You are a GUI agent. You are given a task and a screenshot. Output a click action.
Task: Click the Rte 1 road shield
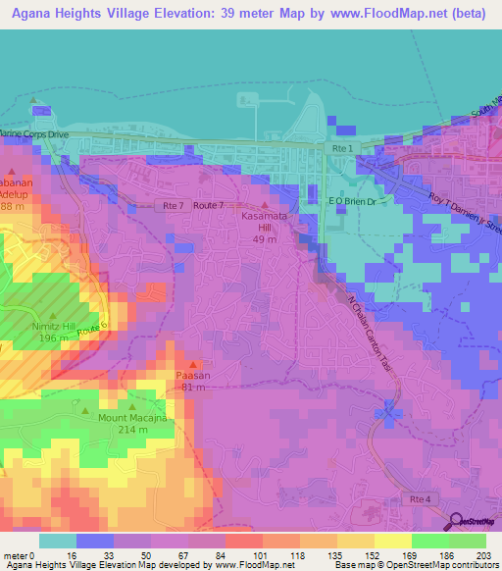342,148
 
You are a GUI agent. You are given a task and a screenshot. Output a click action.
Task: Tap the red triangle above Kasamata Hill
263,201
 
